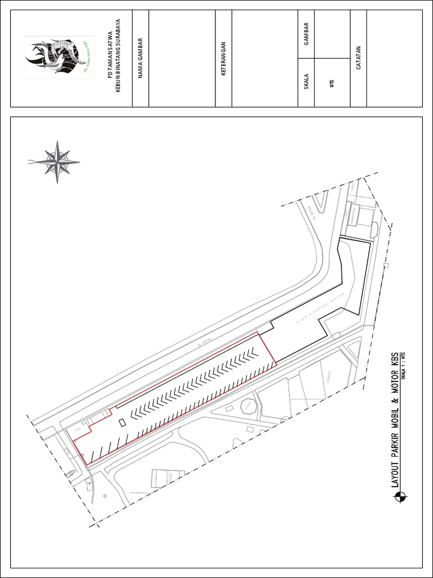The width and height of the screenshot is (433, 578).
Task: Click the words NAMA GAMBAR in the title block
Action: [x=140, y=58]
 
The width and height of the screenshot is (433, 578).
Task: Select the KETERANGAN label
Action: [x=224, y=58]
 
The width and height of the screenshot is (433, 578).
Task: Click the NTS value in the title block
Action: [x=332, y=85]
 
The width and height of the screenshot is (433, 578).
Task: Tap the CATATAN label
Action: [x=358, y=58]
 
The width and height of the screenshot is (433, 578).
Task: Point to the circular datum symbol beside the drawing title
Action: [x=401, y=497]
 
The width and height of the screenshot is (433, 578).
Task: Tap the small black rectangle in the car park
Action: [x=122, y=422]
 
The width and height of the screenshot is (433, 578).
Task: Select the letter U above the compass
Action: [x=29, y=163]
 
